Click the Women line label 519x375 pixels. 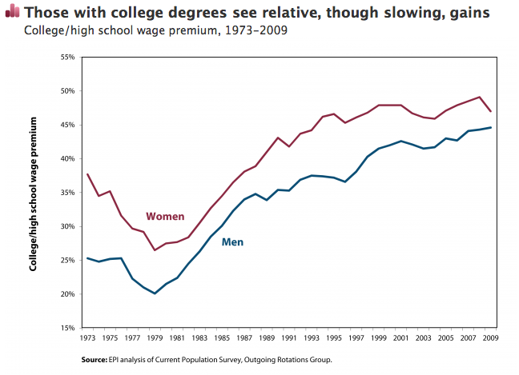point(165,217)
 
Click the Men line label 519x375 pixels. point(232,241)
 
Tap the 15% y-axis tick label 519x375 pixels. point(68,328)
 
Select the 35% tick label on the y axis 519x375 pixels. point(68,193)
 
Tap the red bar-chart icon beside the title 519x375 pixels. point(12,12)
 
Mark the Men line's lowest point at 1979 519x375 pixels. point(155,293)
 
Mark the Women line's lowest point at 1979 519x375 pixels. point(155,250)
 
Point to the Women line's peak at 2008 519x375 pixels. point(479,97)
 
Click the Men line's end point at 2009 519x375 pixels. point(490,127)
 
